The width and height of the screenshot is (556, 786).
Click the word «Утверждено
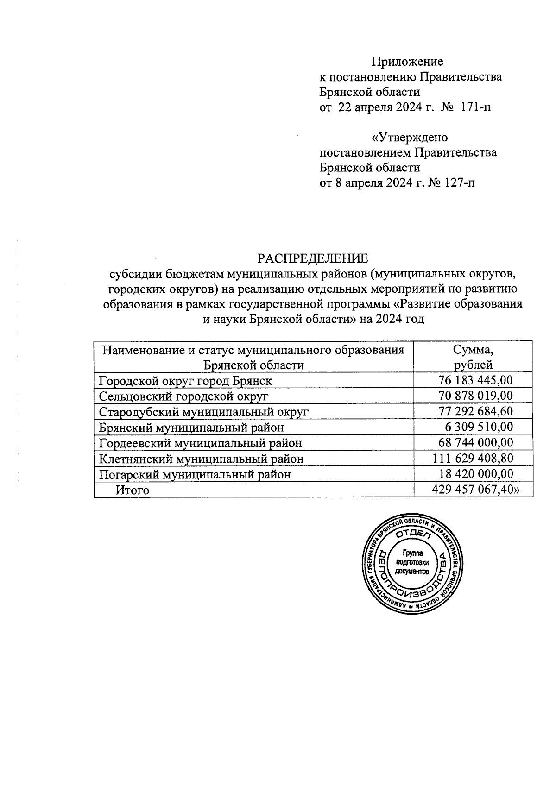410,138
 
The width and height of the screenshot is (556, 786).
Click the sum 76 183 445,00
475,380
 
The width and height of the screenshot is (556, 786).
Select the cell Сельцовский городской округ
183,396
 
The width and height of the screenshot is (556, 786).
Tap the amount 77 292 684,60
475,411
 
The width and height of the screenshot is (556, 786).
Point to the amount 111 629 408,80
473,459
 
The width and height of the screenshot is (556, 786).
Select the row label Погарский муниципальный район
195,474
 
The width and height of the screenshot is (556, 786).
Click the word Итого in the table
133,490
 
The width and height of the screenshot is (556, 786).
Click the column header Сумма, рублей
473,357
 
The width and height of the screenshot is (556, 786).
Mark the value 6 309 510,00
479,427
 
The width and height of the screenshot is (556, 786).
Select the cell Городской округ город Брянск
185,380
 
